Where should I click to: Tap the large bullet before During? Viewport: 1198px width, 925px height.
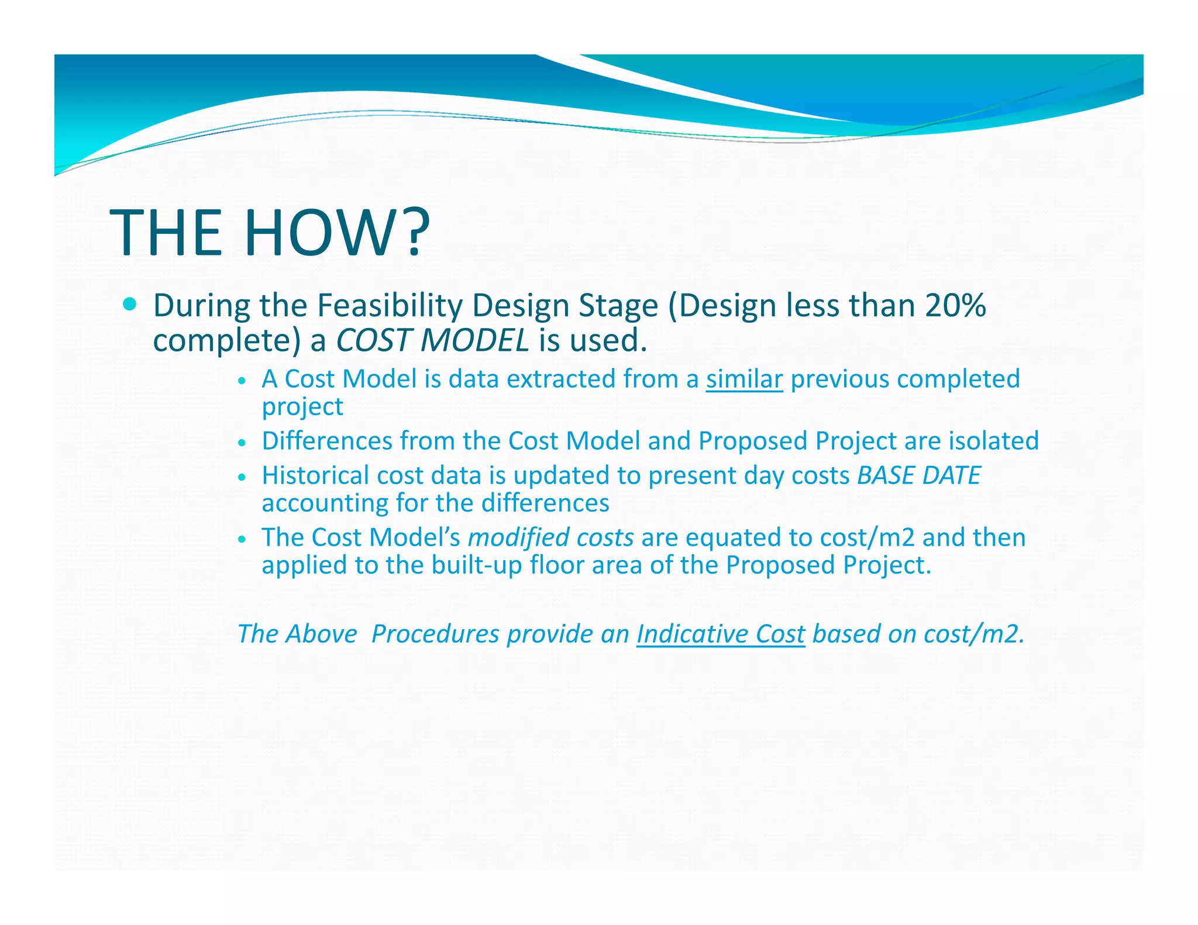coord(130,304)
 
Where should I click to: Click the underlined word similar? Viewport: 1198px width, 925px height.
coord(744,379)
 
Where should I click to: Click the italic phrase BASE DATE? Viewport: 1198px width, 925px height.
coord(918,475)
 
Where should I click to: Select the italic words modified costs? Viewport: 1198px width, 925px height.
coord(550,537)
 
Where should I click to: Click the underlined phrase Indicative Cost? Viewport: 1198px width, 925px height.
coord(721,634)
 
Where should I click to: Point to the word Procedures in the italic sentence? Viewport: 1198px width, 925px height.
coord(435,634)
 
